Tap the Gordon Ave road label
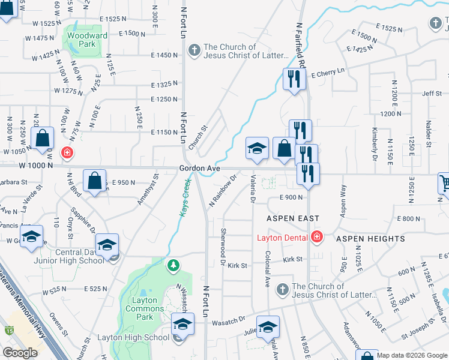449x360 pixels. coord(196,169)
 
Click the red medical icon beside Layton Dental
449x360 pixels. coord(317,238)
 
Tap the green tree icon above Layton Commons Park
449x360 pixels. coord(173,265)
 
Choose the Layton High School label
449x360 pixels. coord(133,337)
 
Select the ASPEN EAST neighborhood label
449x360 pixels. coord(293,218)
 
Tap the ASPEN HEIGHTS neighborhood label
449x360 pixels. coord(370,239)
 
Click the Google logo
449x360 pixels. coord(20,353)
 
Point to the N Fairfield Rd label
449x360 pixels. coord(300,45)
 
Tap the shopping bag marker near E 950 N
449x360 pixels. coord(95,182)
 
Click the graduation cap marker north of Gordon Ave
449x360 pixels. coord(257,149)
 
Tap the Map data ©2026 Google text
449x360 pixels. coord(411,355)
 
